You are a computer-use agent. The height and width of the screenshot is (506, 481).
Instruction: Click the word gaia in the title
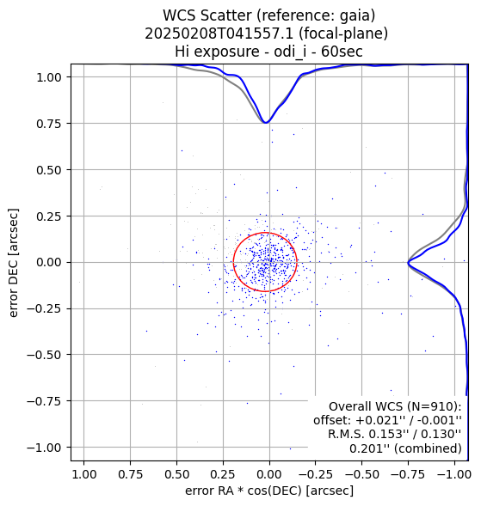[354, 15]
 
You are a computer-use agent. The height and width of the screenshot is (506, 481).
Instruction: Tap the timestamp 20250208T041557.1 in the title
[219, 34]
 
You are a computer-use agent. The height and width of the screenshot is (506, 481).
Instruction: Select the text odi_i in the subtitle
[289, 52]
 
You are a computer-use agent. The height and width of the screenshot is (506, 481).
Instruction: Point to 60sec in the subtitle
[342, 52]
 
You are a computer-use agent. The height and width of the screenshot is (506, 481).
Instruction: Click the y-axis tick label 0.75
[48, 124]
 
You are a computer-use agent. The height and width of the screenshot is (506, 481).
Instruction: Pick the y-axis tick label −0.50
[44, 355]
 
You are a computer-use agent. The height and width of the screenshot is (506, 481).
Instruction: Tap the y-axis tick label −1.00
[44, 448]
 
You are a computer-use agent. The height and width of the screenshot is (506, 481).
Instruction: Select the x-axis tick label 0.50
[176, 474]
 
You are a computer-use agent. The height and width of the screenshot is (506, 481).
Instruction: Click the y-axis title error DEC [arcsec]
[13, 263]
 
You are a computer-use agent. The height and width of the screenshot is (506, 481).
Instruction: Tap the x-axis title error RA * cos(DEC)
[244, 491]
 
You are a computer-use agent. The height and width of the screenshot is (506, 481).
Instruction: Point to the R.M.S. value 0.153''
[386, 434]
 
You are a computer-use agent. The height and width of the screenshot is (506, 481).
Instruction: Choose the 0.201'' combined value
[367, 448]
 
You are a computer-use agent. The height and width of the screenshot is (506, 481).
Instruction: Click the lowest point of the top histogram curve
[266, 123]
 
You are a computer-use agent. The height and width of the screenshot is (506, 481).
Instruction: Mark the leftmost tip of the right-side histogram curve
[408, 262]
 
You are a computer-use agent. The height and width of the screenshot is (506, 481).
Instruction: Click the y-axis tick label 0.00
[48, 262]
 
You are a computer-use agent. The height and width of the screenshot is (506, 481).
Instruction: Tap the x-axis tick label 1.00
[84, 474]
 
